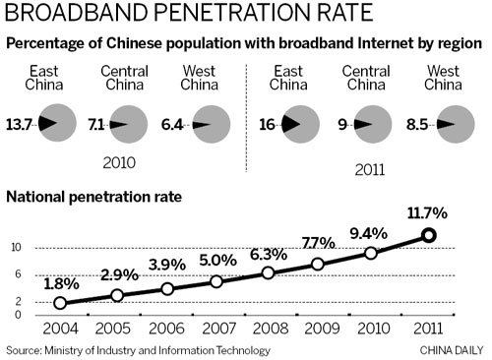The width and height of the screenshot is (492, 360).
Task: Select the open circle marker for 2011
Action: [428, 234]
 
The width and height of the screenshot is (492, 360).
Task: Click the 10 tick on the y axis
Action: [18, 247]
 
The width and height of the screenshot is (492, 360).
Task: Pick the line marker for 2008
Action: [269, 272]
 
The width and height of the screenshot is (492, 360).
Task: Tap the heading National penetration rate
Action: [93, 197]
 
